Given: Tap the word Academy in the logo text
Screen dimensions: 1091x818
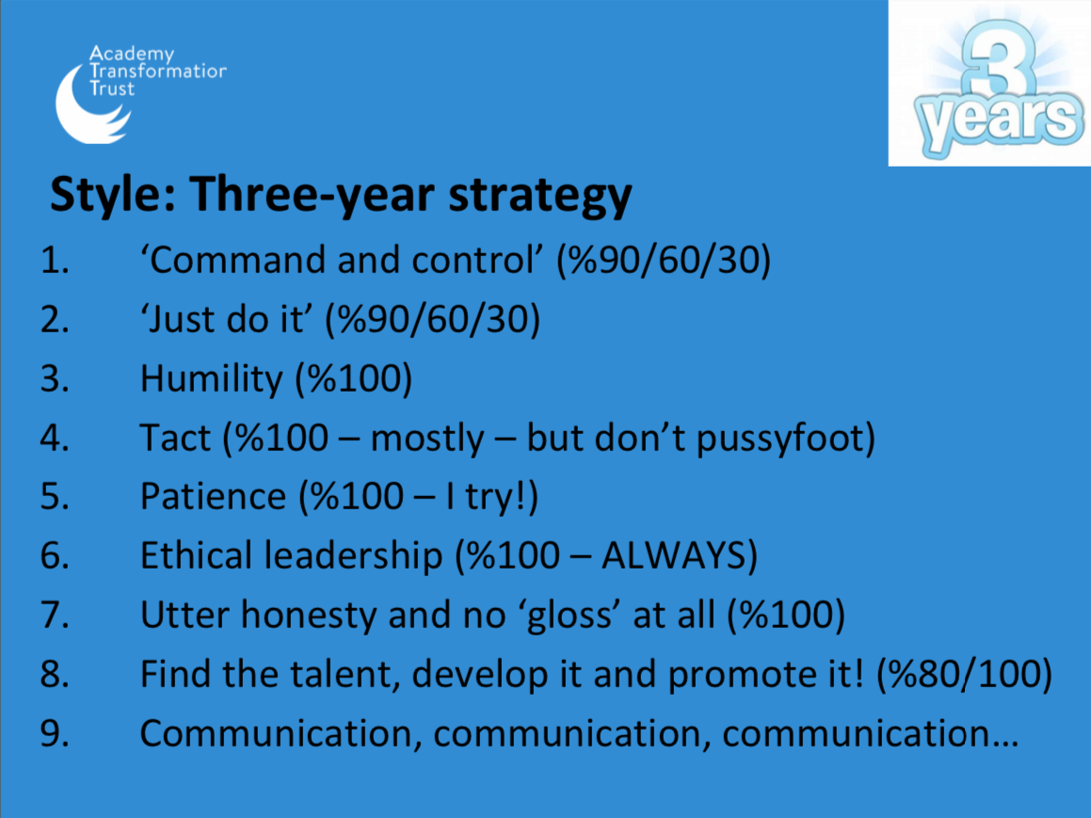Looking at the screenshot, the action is [132, 55].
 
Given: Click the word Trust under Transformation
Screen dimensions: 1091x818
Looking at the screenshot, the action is [112, 88].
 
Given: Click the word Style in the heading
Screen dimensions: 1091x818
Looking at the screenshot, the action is [113, 195].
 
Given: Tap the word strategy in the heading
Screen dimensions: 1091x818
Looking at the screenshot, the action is [540, 196].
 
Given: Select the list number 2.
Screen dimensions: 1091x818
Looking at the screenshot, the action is [55, 320].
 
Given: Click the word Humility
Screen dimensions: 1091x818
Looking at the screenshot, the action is [212, 379].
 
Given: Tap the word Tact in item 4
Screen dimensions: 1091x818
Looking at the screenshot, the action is [175, 439].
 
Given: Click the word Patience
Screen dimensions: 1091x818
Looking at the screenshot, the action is [213, 497].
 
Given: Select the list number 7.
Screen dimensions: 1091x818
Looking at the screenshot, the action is [55, 616].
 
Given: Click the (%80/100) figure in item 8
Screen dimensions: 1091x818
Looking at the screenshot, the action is [964, 675].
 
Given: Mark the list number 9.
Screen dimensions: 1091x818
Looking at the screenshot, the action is [55, 734].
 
